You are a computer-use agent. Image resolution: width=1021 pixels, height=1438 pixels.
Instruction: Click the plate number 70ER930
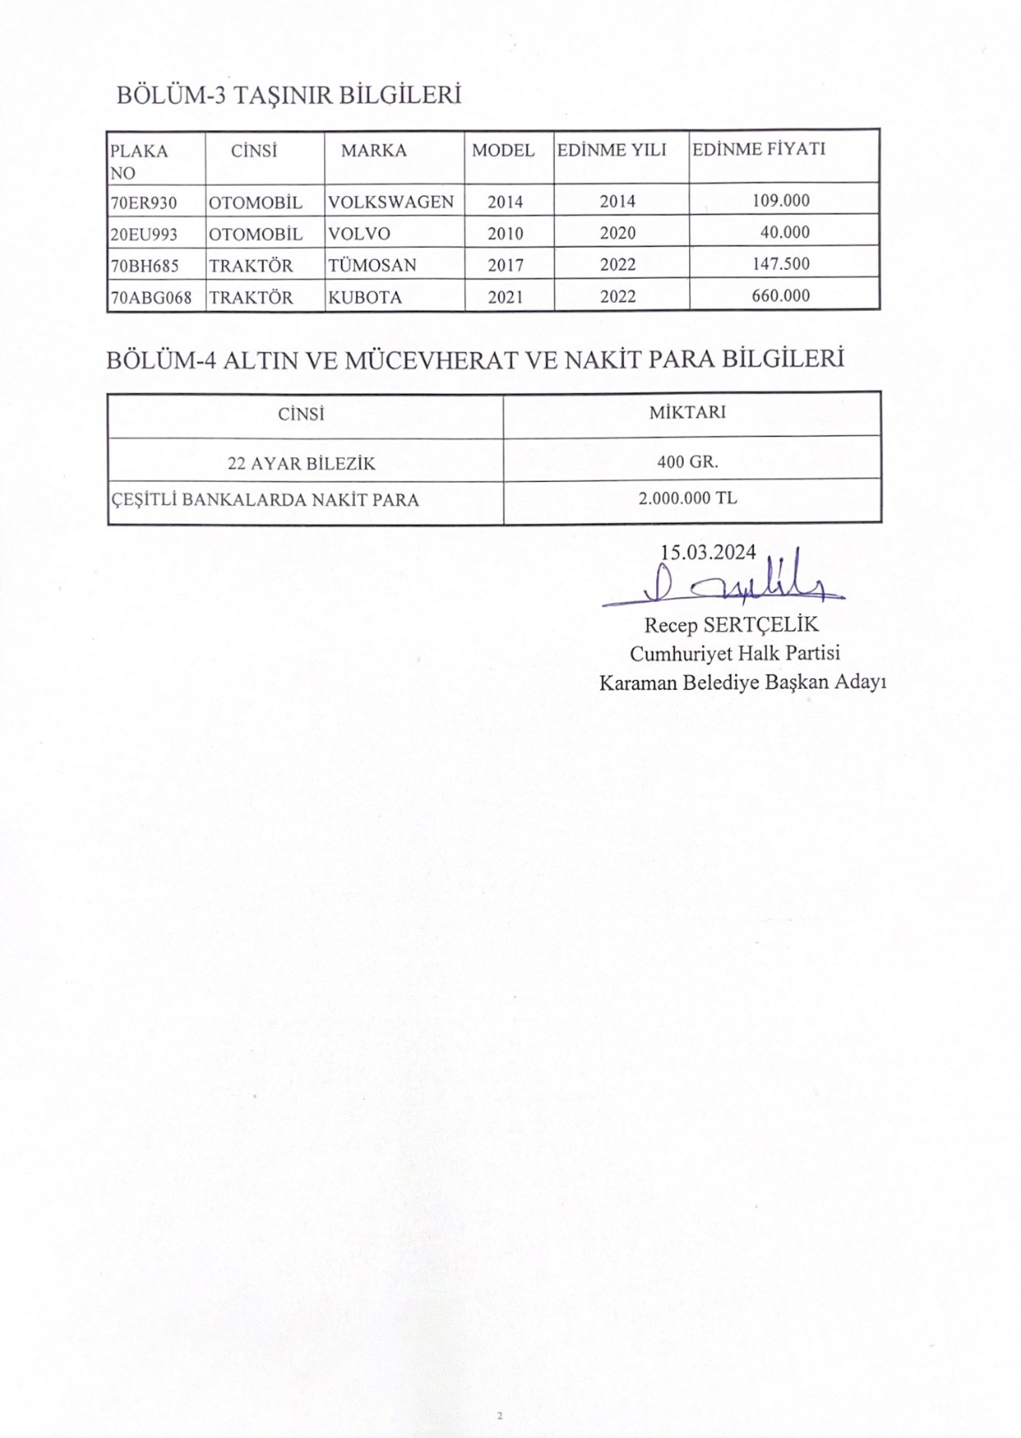point(143,202)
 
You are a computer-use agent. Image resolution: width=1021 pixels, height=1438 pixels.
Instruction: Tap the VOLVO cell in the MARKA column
point(359,233)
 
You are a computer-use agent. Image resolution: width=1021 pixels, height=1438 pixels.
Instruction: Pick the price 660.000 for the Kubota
point(780,296)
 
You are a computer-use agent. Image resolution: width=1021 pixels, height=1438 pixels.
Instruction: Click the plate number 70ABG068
point(150,297)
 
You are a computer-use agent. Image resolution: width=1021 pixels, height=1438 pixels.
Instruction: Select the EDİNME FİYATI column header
point(758,149)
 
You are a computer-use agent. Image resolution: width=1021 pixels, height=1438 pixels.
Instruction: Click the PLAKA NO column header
point(139,162)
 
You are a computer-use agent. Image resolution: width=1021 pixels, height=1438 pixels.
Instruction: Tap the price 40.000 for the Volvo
point(785,233)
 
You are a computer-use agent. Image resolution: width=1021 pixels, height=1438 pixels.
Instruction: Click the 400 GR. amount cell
point(688,462)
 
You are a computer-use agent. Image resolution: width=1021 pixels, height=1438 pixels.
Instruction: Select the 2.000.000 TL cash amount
point(687,498)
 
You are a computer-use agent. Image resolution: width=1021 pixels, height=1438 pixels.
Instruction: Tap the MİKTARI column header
point(687,412)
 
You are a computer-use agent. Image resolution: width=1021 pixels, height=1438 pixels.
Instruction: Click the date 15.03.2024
point(708,552)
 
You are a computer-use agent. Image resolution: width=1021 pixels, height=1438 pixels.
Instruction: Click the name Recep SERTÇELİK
point(731,625)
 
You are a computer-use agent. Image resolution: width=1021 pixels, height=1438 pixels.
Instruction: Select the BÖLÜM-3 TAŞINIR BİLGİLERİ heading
point(289,95)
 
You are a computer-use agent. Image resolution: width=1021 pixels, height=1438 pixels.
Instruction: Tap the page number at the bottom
point(500,1415)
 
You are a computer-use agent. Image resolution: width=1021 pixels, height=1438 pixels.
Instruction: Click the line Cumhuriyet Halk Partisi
point(734,653)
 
